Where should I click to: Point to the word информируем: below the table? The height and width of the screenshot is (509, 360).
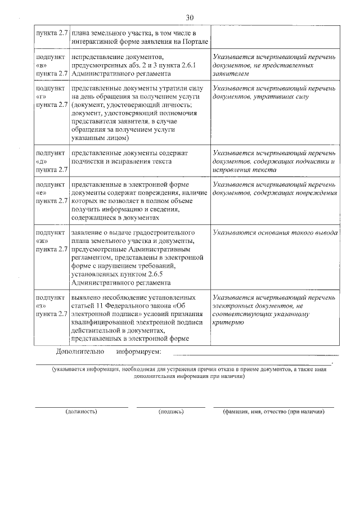[139, 352]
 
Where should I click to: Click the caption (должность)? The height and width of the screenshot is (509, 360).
[82, 412]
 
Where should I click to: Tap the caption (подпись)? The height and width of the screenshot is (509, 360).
[172, 412]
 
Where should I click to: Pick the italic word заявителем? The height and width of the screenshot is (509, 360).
[232, 74]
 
